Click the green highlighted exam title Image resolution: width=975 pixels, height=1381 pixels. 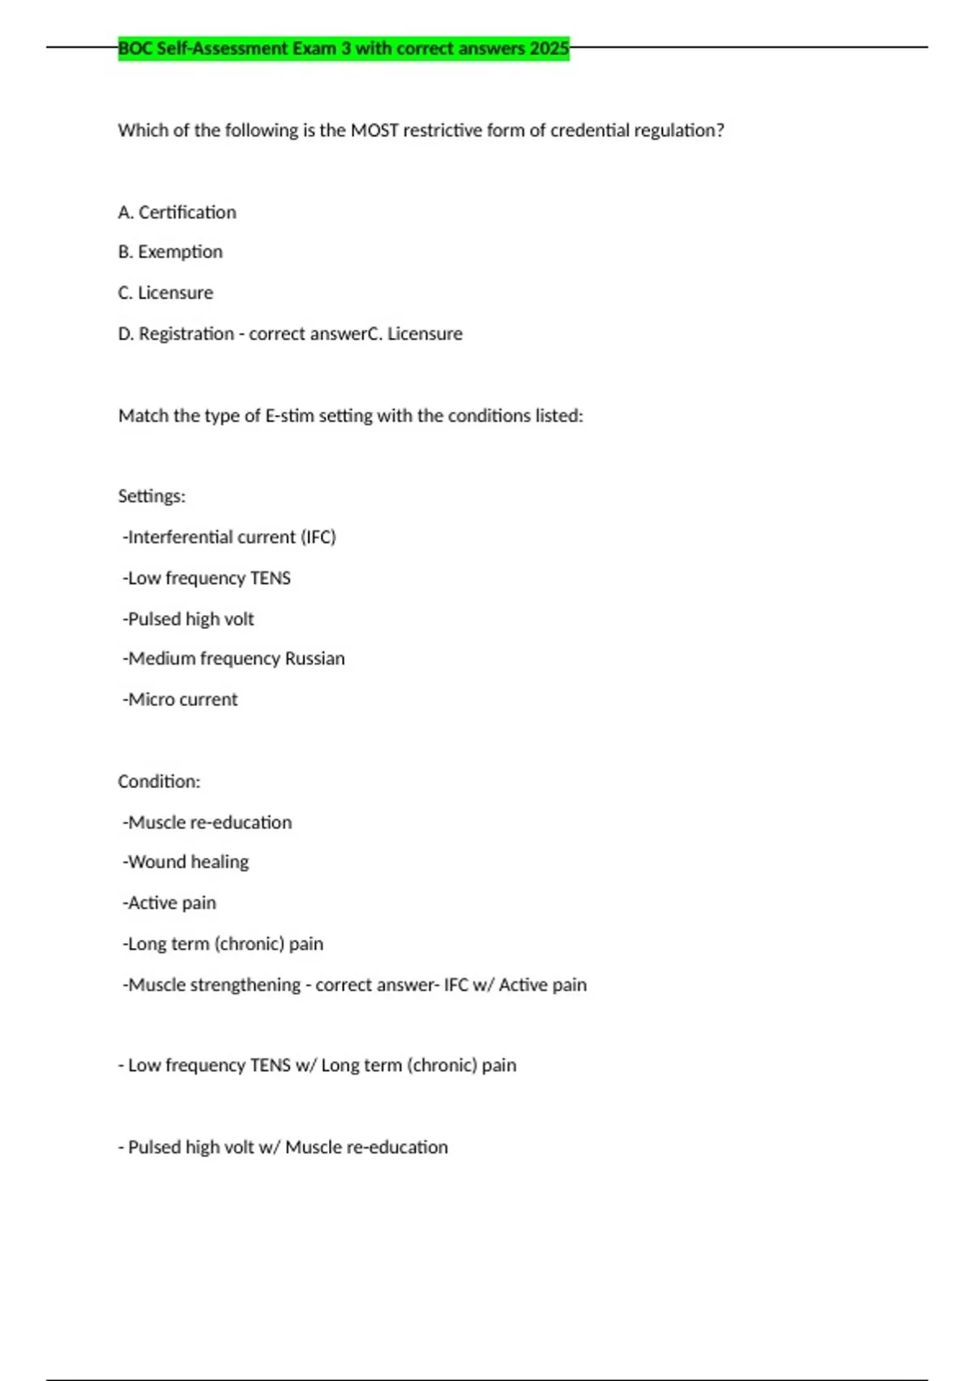pyautogui.click(x=343, y=49)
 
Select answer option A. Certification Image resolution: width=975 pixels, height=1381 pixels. pyautogui.click(x=177, y=213)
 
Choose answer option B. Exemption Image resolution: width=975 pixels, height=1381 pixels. pyautogui.click(x=171, y=253)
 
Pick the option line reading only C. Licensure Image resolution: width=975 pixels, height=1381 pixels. pyautogui.click(x=166, y=293)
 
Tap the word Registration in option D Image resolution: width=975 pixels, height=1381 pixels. pyautogui.click(x=186, y=334)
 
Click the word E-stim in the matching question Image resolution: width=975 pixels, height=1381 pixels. pyautogui.click(x=289, y=416)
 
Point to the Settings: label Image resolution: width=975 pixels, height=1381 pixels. pyautogui.click(x=152, y=496)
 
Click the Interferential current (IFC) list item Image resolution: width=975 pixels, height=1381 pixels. pyautogui.click(x=230, y=538)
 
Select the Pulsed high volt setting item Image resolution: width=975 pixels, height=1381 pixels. pyautogui.click(x=189, y=620)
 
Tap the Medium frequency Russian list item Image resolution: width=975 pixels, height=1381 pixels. pyautogui.click(x=235, y=659)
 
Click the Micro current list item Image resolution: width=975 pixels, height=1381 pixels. pyautogui.click(x=181, y=700)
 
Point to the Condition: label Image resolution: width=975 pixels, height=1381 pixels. pyautogui.click(x=159, y=782)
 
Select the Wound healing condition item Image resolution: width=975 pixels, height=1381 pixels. pyautogui.click(x=187, y=862)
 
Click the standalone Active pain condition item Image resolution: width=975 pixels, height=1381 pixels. pyautogui.click(x=171, y=903)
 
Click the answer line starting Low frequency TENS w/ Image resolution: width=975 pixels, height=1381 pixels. pyautogui.click(x=318, y=1066)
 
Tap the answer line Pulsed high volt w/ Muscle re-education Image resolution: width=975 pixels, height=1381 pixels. pyautogui.click(x=284, y=1148)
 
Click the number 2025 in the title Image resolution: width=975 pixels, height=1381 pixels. pyautogui.click(x=549, y=49)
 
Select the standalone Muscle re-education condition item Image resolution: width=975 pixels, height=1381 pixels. pyautogui.click(x=208, y=823)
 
